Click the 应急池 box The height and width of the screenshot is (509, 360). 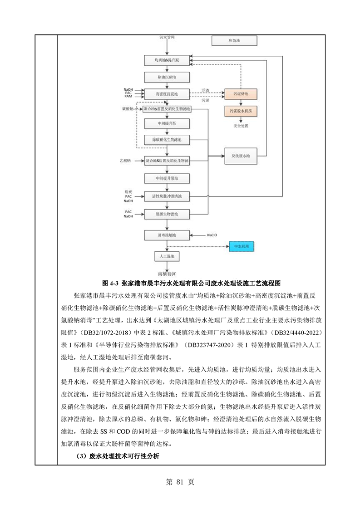click(x=233, y=41)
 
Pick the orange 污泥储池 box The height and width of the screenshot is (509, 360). click(x=240, y=94)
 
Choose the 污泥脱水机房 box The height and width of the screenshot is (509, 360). click(x=240, y=111)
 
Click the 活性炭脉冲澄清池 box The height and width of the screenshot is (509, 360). click(x=167, y=196)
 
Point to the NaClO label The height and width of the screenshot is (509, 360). click(x=212, y=235)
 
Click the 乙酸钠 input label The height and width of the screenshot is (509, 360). click(x=125, y=161)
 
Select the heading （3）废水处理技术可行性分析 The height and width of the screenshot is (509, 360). click(x=117, y=456)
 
